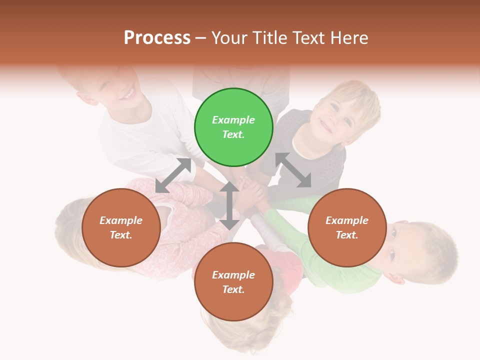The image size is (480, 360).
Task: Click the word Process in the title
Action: tap(157, 37)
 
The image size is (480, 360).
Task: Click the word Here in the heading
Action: tap(349, 37)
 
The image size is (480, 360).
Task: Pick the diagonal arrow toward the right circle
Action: tap(293, 170)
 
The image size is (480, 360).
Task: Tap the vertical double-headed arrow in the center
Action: tap(229, 205)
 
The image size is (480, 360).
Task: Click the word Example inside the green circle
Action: tap(233, 120)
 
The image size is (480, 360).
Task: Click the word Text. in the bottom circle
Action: tap(233, 289)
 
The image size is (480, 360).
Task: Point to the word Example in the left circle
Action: tap(121, 220)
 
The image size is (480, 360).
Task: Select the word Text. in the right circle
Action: tap(347, 235)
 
